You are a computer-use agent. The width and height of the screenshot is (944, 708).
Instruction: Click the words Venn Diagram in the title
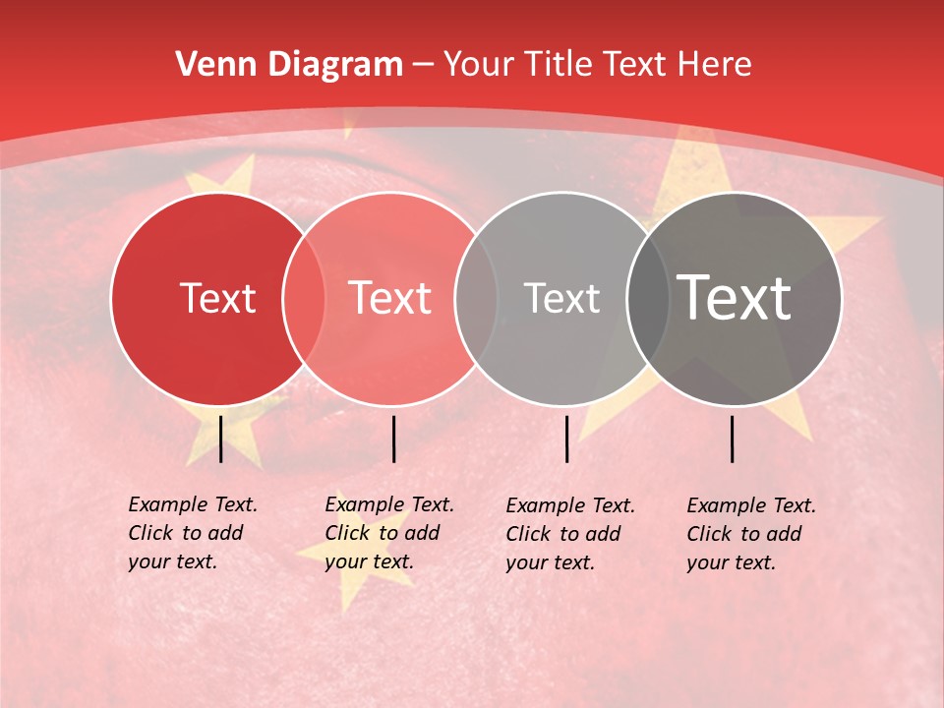point(289,65)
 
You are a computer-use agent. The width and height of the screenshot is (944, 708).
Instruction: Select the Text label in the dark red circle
point(217,298)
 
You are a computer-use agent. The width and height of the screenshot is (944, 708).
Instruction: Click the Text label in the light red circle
point(389,298)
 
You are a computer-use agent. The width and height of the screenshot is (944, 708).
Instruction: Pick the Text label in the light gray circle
point(561,298)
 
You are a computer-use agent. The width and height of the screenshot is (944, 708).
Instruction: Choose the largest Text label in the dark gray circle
point(734,298)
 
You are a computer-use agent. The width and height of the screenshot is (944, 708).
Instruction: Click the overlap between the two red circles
point(304,298)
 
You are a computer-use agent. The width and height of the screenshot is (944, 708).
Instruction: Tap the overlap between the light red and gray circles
point(476,298)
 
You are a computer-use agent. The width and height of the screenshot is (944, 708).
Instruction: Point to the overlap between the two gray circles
point(647,298)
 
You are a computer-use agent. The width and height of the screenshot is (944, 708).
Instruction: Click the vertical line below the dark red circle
point(220,439)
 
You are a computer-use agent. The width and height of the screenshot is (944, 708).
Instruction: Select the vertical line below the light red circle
point(393,439)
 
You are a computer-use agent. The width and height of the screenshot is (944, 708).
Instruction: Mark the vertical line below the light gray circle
point(566,439)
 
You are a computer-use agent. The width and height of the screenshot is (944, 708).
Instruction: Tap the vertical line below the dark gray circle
point(732,439)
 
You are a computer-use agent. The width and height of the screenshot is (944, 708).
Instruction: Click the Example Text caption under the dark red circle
point(193,533)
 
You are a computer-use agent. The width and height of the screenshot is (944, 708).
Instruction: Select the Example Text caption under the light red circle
point(389,533)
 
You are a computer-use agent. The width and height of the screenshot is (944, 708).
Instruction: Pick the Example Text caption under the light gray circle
point(570,534)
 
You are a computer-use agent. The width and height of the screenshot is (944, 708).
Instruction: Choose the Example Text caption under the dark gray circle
point(751,534)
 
